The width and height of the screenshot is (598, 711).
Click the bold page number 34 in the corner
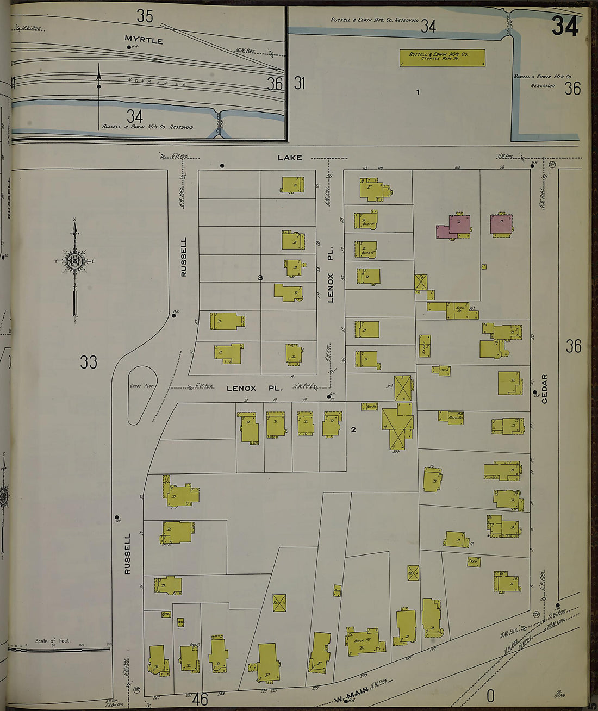[x=565, y=26]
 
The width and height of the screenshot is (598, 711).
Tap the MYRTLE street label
[x=144, y=40]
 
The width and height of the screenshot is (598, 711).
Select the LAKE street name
[x=289, y=158]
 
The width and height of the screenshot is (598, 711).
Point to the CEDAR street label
[x=544, y=388]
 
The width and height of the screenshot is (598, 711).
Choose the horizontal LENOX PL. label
[x=254, y=388]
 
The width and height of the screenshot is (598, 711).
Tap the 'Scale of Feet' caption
[x=53, y=641]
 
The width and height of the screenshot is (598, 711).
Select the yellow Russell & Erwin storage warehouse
[x=442, y=58]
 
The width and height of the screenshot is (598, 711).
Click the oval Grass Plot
[x=142, y=394]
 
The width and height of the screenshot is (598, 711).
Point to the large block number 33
[x=89, y=361]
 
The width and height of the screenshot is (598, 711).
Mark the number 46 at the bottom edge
[x=200, y=699]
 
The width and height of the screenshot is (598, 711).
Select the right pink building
[x=501, y=223]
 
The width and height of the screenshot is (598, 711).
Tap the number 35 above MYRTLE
[x=145, y=16]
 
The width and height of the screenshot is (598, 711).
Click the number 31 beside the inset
[x=300, y=83]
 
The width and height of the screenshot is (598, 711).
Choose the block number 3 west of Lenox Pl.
[x=260, y=278]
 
